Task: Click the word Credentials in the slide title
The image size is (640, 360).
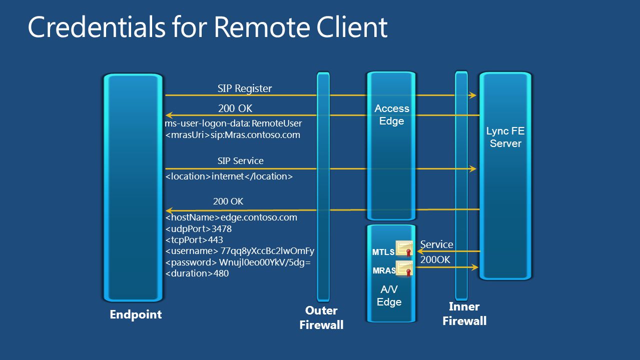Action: click(97, 27)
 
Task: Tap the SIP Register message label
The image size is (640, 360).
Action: click(245, 88)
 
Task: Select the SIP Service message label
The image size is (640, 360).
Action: click(241, 160)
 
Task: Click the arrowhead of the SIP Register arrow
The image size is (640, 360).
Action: click(472, 95)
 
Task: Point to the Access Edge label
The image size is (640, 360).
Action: click(392, 114)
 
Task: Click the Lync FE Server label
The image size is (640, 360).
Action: click(505, 137)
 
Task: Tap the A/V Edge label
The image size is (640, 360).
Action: click(389, 295)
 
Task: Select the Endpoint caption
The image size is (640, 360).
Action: click(136, 314)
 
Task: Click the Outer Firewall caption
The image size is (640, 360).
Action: click(321, 317)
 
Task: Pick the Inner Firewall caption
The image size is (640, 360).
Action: click(464, 314)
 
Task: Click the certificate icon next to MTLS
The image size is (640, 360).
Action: click(404, 248)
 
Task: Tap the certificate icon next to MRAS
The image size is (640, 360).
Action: click(404, 268)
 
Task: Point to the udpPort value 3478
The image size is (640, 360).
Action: click(222, 228)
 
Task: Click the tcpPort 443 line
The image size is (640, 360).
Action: click(194, 240)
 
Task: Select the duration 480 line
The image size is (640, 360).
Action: click(197, 273)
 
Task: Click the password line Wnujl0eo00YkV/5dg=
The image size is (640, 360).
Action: click(238, 262)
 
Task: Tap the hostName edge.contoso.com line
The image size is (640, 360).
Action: click(231, 217)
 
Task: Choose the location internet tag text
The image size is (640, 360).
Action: click(229, 176)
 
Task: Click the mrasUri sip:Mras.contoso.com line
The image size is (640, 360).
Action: click(233, 135)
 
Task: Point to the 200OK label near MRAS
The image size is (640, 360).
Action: click(435, 259)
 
